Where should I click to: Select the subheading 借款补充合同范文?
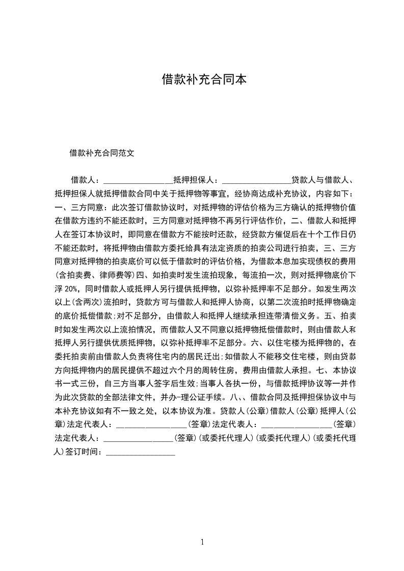(102, 152)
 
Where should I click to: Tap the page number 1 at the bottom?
(203, 542)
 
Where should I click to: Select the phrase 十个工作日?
(325, 234)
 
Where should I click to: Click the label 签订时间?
(84, 451)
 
